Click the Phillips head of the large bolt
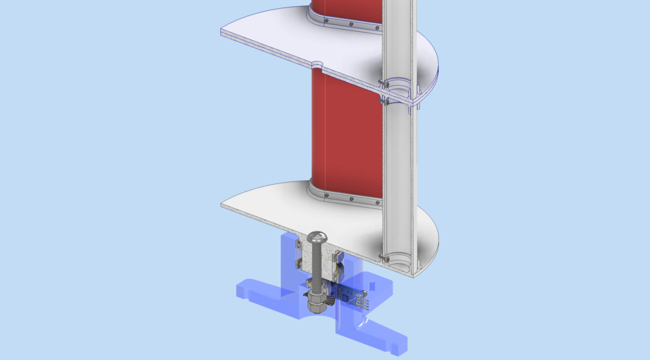pos(317,238)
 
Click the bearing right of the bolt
pos(337,264)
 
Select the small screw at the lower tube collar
pos(384,258)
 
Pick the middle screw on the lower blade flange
pos(351,199)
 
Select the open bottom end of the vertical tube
pos(399,261)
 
